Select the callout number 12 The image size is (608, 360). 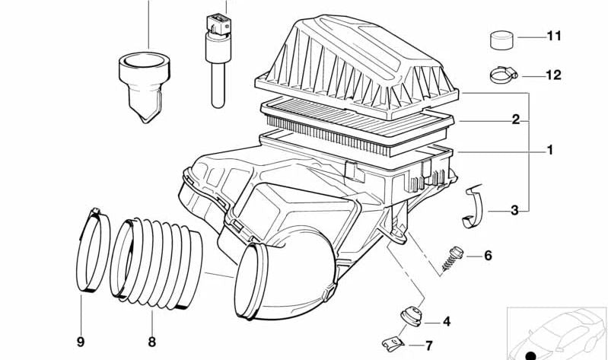(552, 75)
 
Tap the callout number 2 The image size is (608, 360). (515, 119)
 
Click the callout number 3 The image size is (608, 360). (514, 210)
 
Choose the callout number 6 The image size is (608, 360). (488, 255)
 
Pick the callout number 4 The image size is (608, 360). (447, 321)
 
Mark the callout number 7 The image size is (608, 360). (428, 346)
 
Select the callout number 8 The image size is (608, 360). (151, 342)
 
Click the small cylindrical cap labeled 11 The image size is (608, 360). (499, 37)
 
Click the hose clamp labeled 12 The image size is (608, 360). (501, 75)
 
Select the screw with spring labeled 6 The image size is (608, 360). (454, 256)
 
